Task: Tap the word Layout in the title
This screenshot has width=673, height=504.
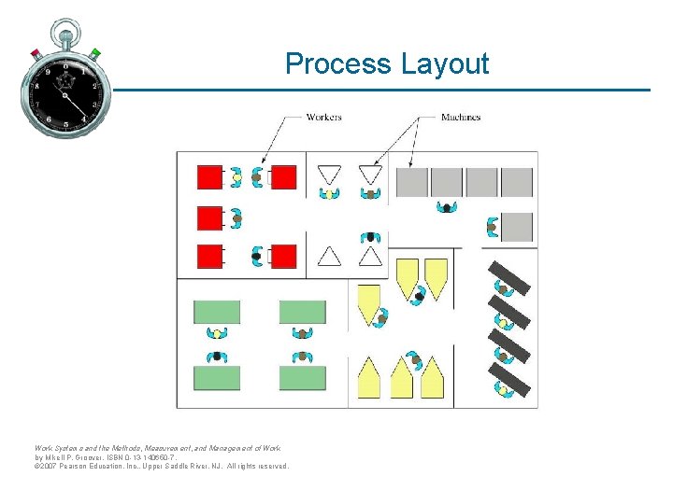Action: (444, 64)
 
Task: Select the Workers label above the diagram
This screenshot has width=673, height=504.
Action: (324, 118)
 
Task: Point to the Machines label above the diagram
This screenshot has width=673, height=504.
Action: (461, 118)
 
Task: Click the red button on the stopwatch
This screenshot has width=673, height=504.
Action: (36, 52)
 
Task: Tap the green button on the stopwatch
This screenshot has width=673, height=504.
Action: (96, 52)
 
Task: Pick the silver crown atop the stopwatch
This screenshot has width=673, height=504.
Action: (65, 28)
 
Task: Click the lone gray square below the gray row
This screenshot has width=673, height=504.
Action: (517, 227)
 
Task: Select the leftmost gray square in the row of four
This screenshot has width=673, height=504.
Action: (411, 182)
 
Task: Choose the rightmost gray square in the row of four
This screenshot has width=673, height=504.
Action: (517, 182)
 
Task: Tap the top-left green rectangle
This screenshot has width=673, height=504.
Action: (217, 312)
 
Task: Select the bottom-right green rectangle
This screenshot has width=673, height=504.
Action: (303, 378)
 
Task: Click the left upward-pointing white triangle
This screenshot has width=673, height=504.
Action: (329, 255)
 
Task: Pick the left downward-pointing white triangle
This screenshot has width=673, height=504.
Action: (329, 175)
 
